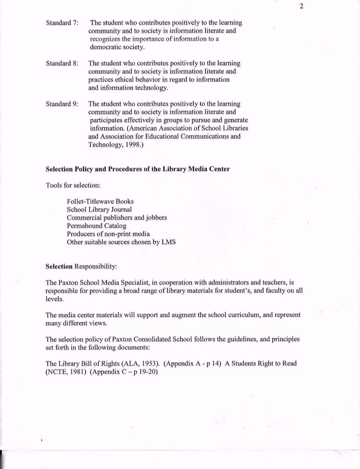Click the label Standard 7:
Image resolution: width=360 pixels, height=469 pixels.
click(x=62, y=22)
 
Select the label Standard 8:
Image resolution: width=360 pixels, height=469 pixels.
click(x=62, y=63)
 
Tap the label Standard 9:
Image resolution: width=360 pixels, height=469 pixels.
click(x=62, y=104)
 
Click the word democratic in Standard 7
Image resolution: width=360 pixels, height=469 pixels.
click(x=106, y=47)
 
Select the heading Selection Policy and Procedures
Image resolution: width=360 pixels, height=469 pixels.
click(x=138, y=169)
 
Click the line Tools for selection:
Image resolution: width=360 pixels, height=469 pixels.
click(x=73, y=185)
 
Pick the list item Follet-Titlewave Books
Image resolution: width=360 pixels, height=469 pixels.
click(x=100, y=201)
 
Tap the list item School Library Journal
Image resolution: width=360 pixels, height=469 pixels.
click(x=99, y=210)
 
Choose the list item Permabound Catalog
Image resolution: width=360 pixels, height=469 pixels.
click(x=96, y=226)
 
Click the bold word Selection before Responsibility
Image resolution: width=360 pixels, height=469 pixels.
click(x=59, y=266)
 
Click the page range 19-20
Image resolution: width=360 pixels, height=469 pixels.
click(x=147, y=372)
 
